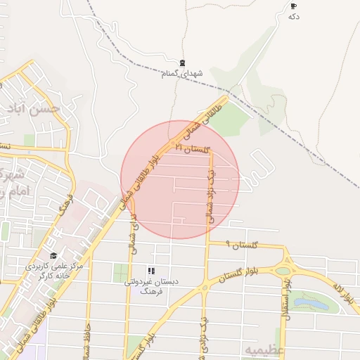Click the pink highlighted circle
pyautogui.click(x=180, y=179)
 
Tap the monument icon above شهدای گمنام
pyautogui.click(x=183, y=63)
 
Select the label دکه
pyautogui.click(x=294, y=16)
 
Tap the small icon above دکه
pyautogui.click(x=293, y=6)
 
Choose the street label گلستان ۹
pyautogui.click(x=243, y=244)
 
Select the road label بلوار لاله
pyautogui.click(x=346, y=295)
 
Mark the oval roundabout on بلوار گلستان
pyautogui.click(x=283, y=271)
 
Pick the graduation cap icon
pyautogui.click(x=53, y=255)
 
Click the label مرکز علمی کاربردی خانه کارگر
pyautogui.click(x=54, y=271)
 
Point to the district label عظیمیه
pyautogui.click(x=263, y=349)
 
